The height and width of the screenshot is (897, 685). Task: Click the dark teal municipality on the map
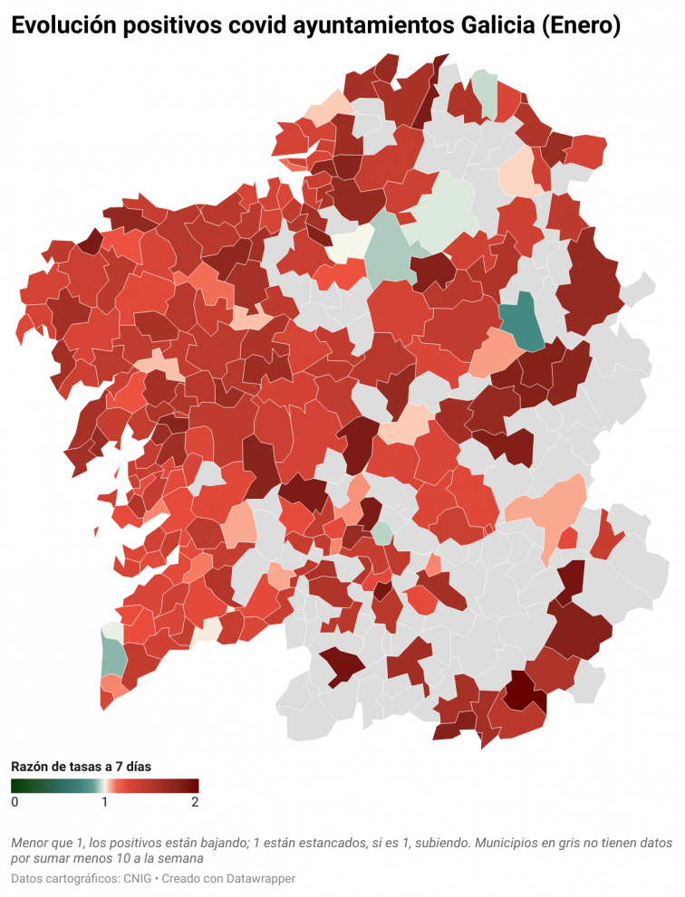[522, 324]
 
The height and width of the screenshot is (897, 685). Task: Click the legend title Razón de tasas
[81, 766]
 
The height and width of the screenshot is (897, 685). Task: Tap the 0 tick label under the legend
[14, 802]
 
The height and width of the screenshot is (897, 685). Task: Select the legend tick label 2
[195, 802]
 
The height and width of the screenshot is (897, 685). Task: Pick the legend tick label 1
[105, 802]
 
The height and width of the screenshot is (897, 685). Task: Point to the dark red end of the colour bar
[193, 786]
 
